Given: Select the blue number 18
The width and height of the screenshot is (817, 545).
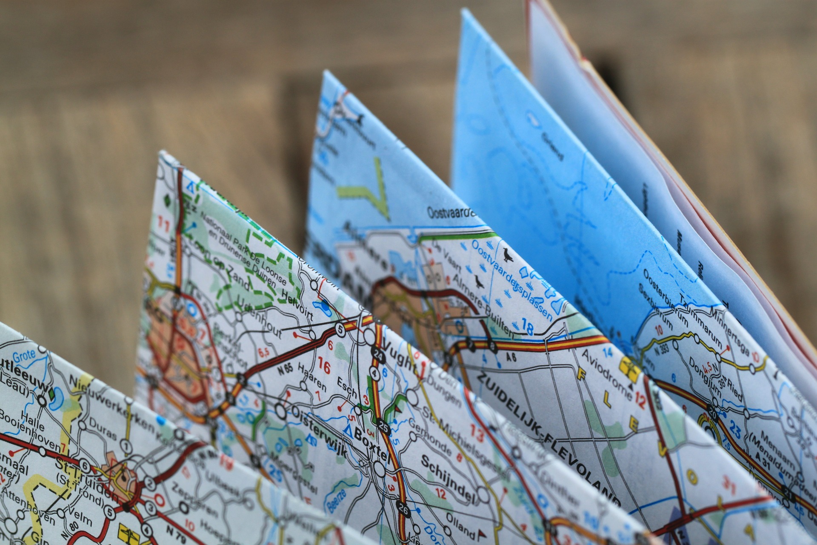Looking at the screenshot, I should coord(527,328).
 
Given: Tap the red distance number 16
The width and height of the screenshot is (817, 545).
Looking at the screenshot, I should coord(324,367).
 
